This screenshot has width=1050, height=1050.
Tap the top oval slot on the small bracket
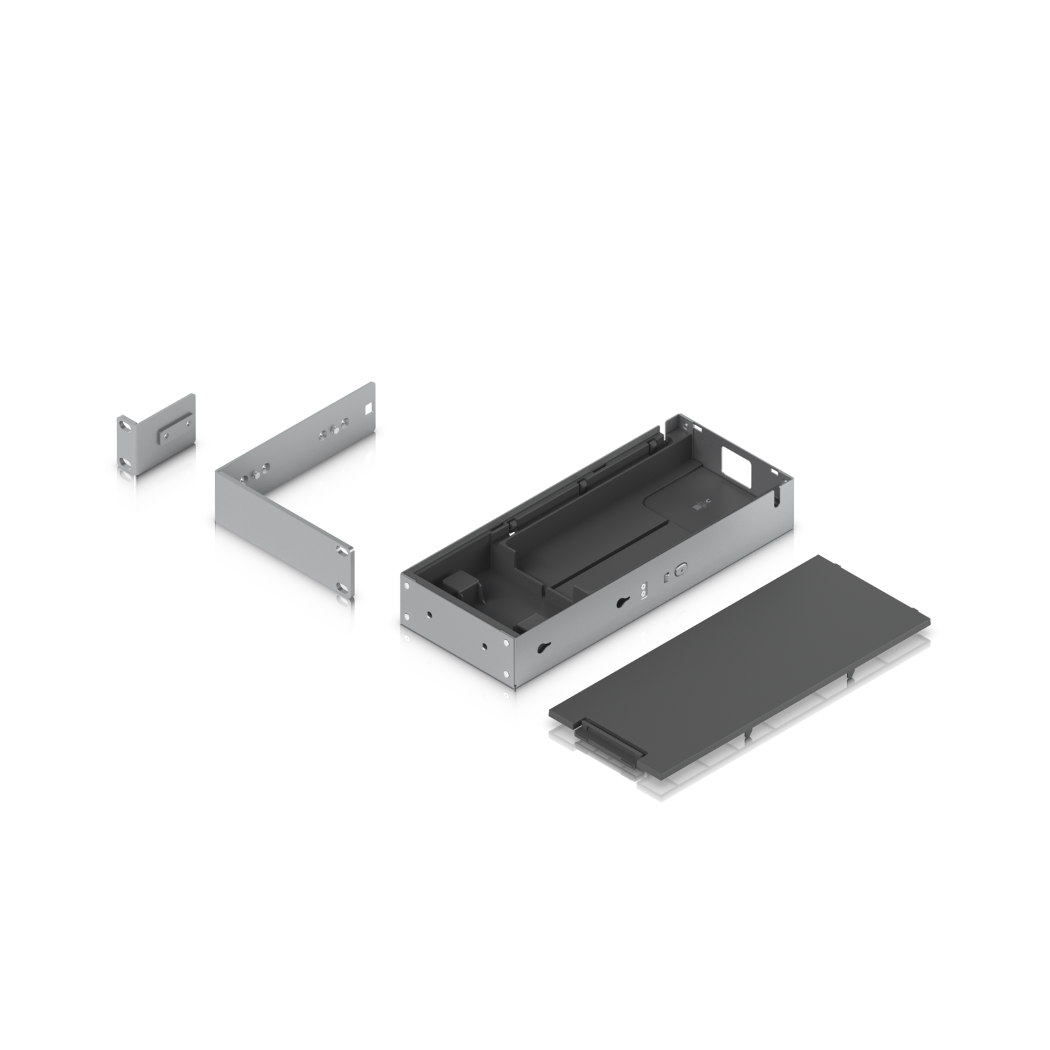click(x=124, y=423)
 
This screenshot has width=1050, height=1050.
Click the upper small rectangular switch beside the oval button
click(x=666, y=577)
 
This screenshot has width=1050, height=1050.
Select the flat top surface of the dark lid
click(x=742, y=651)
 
